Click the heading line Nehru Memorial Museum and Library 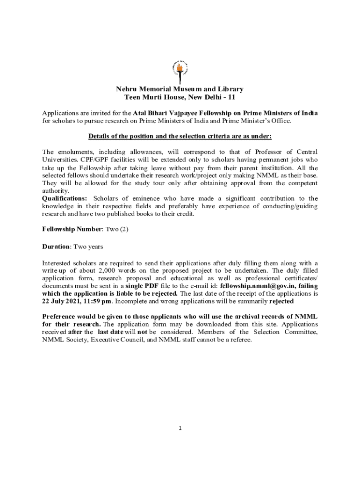(180, 89)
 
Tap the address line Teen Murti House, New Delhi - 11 (180, 97)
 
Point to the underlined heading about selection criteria (180, 136)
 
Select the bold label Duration (56, 246)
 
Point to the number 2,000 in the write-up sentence (108, 270)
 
